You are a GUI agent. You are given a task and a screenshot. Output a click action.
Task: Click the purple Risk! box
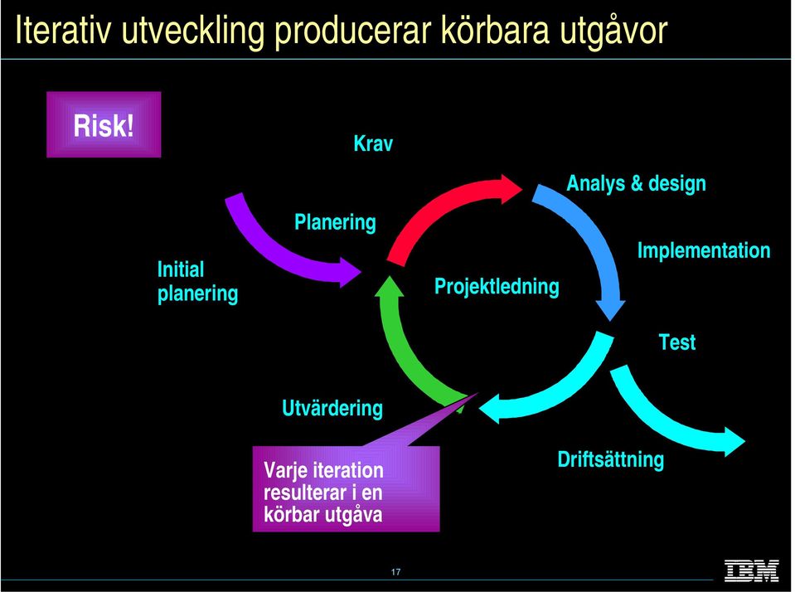104,124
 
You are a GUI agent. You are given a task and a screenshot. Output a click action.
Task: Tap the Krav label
373,143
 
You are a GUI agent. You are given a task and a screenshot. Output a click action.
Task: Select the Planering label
335,223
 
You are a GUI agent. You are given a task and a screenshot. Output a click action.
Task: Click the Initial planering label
197,282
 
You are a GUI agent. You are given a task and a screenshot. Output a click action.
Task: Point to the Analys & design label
636,183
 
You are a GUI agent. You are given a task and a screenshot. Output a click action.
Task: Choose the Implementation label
704,250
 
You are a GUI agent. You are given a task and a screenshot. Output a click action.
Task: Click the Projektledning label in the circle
497,287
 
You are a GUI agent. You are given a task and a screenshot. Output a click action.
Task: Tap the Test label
676,342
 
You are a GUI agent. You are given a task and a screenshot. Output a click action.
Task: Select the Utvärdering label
332,409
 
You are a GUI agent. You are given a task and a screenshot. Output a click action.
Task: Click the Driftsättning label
610,459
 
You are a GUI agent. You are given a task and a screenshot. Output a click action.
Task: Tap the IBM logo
751,570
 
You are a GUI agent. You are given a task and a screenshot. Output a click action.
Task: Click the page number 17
396,572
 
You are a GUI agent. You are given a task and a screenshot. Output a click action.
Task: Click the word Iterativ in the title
63,31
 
